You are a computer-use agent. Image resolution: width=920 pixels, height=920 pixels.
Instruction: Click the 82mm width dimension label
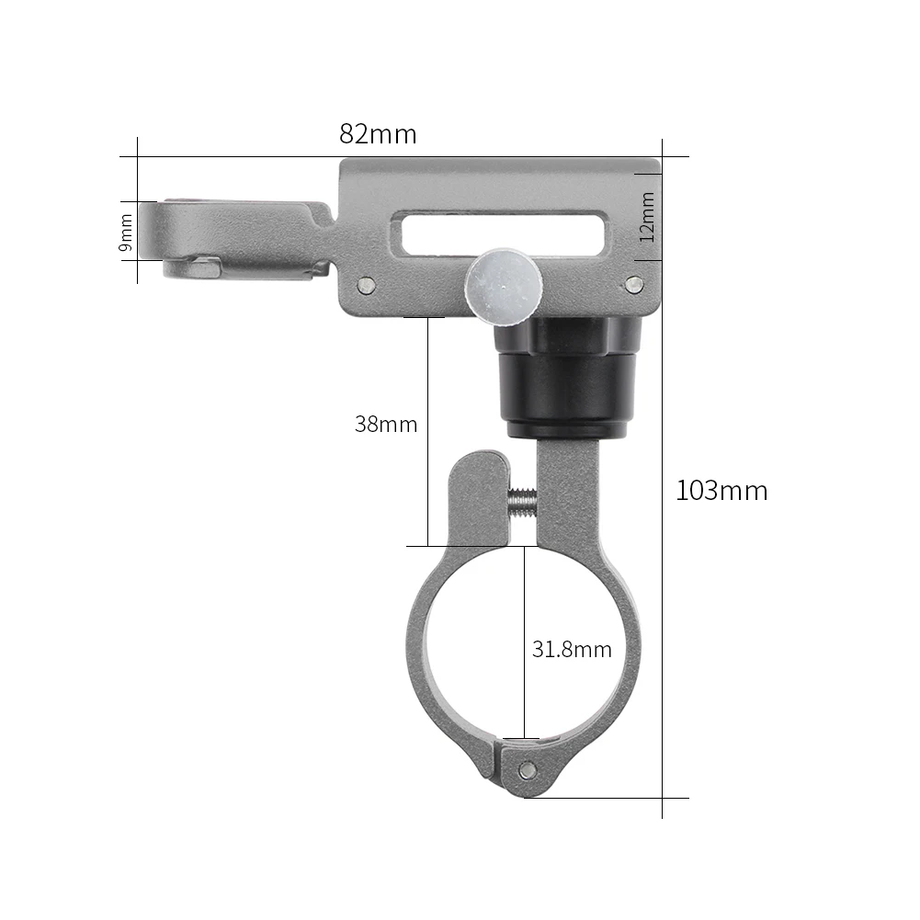coord(378,134)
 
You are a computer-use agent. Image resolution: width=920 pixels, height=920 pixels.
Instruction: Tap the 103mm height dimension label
coord(721,491)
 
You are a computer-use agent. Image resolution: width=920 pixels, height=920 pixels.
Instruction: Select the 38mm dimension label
coord(386,425)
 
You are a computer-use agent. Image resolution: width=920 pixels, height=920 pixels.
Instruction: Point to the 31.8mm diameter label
coord(572,650)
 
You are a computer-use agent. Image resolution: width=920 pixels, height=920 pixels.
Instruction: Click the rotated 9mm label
coord(126,231)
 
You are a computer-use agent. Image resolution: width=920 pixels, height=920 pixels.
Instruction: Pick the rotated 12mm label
coord(648,216)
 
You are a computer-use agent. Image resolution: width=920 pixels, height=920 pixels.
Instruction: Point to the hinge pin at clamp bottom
coord(526,769)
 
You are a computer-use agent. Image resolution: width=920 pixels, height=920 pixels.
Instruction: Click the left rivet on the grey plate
coord(368,285)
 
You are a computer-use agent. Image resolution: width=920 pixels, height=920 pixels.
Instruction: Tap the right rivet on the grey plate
coord(632,284)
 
